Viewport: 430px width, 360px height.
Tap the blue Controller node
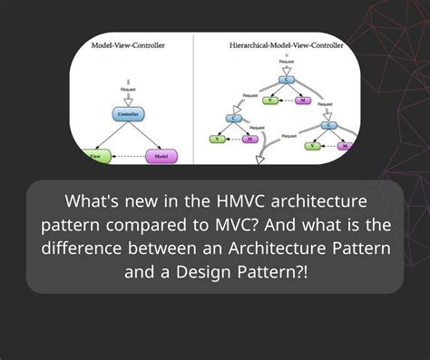[130, 114]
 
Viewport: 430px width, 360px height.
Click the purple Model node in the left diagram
[162, 155]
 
